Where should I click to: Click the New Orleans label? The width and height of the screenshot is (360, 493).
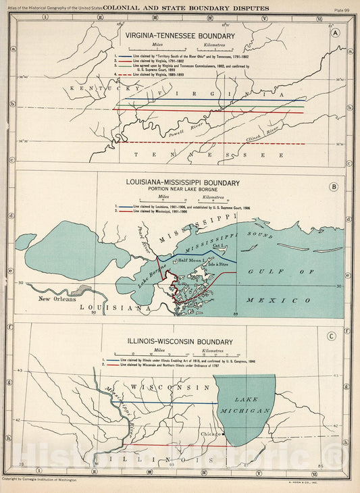(x=62, y=299)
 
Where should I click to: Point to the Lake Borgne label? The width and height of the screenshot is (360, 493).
(x=152, y=274)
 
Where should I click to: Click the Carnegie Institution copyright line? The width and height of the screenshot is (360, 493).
(x=39, y=479)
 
